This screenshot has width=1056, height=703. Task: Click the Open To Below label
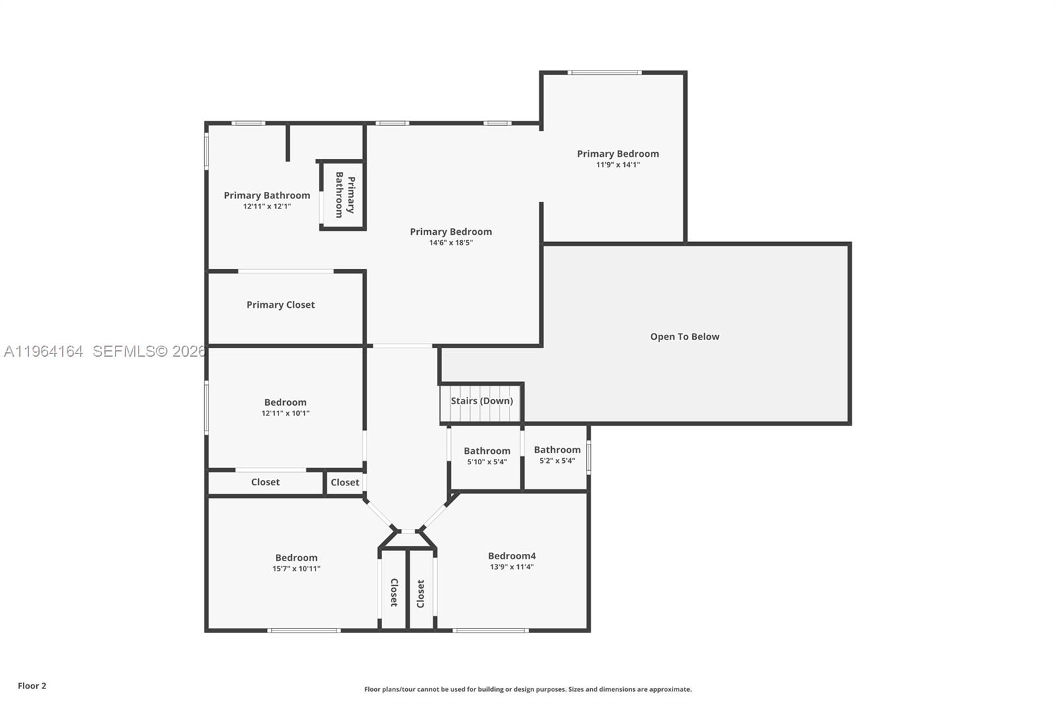684,336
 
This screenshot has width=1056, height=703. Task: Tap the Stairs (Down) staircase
481,402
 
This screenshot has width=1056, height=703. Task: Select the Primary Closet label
280,305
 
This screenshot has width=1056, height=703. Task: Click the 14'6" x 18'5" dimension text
451,243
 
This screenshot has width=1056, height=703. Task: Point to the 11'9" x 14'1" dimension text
618,165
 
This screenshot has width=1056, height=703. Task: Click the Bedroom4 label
511,556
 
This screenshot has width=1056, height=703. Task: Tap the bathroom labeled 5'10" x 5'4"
486,456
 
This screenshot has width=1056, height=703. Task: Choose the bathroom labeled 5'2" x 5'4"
557,455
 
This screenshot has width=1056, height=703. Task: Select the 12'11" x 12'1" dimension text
267,206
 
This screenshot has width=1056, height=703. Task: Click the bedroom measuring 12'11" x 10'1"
285,407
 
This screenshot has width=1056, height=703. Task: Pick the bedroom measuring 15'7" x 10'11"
296,563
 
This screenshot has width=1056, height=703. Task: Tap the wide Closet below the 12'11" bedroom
265,482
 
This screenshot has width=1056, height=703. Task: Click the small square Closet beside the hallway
345,482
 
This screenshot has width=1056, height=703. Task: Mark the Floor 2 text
32,686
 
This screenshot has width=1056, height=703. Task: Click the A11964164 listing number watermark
44,351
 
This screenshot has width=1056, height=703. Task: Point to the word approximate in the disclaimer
670,689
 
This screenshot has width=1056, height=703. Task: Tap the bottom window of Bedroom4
490,630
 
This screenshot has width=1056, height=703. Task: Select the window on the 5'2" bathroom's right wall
588,458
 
